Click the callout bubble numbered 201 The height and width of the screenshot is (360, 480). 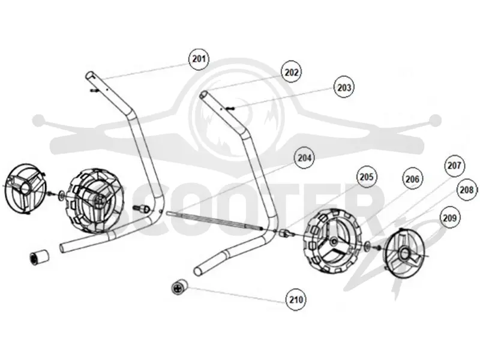tap(199, 58)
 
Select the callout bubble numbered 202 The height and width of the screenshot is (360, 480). tap(291, 72)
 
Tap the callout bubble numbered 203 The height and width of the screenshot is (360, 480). tap(344, 88)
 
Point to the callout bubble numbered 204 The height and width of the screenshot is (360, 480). tap(304, 158)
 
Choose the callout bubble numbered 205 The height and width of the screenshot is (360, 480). tap(367, 177)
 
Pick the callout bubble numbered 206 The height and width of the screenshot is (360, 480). tap(412, 179)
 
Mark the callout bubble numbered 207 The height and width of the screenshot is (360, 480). tap(454, 166)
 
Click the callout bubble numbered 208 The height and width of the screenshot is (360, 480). tap(467, 190)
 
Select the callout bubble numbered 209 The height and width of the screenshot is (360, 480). tap(449, 218)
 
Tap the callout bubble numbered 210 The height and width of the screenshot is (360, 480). tap(296, 299)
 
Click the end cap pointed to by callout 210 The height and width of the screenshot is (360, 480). tap(179, 287)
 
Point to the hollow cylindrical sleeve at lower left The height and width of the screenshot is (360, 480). tap(39, 257)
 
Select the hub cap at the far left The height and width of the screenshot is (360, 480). tap(26, 189)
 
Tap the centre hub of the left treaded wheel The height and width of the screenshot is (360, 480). tap(98, 200)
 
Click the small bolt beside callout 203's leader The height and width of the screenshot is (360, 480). tap(230, 108)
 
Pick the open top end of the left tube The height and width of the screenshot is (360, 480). tap(90, 75)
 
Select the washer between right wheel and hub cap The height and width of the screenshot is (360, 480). tap(367, 245)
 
